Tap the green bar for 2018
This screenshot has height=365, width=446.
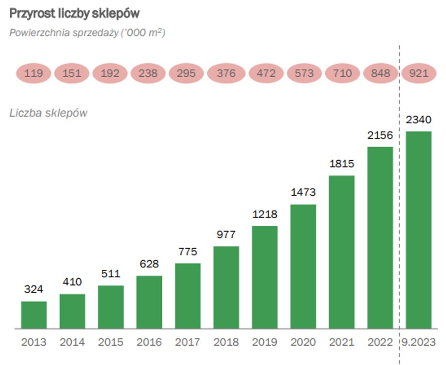tap(226, 287)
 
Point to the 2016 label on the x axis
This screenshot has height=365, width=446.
tap(149, 342)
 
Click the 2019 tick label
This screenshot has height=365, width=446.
tap(265, 342)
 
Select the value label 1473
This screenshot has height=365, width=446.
tap(303, 192)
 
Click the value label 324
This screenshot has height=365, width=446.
tap(34, 289)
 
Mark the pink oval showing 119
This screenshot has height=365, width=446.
tap(33, 74)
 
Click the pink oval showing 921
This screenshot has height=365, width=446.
tap(419, 74)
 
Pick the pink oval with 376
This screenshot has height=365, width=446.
tap(226, 74)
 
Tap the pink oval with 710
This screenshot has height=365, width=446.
tap(342, 74)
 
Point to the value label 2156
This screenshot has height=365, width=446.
tap(380, 135)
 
